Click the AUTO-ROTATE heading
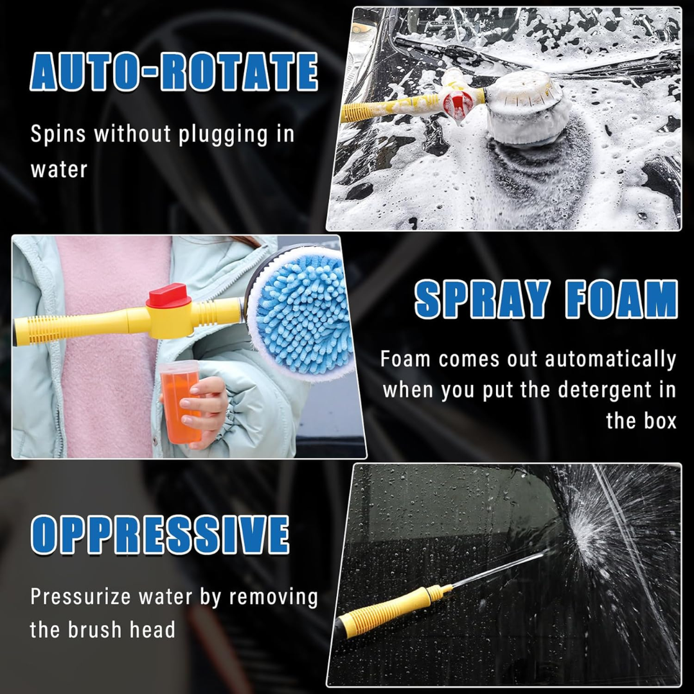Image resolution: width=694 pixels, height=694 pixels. (x=174, y=71)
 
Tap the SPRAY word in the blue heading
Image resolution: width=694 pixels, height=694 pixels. (x=483, y=299)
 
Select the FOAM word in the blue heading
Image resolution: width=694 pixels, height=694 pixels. (x=621, y=299)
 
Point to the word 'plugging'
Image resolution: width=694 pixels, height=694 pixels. (x=223, y=134)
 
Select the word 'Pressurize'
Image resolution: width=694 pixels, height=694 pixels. (x=80, y=596)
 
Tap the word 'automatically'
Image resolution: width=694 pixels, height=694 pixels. (x=610, y=359)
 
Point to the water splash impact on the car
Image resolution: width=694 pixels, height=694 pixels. (x=583, y=535)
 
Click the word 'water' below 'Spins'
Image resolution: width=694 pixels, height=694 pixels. (x=59, y=170)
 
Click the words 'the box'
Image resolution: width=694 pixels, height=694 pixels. (x=641, y=420)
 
